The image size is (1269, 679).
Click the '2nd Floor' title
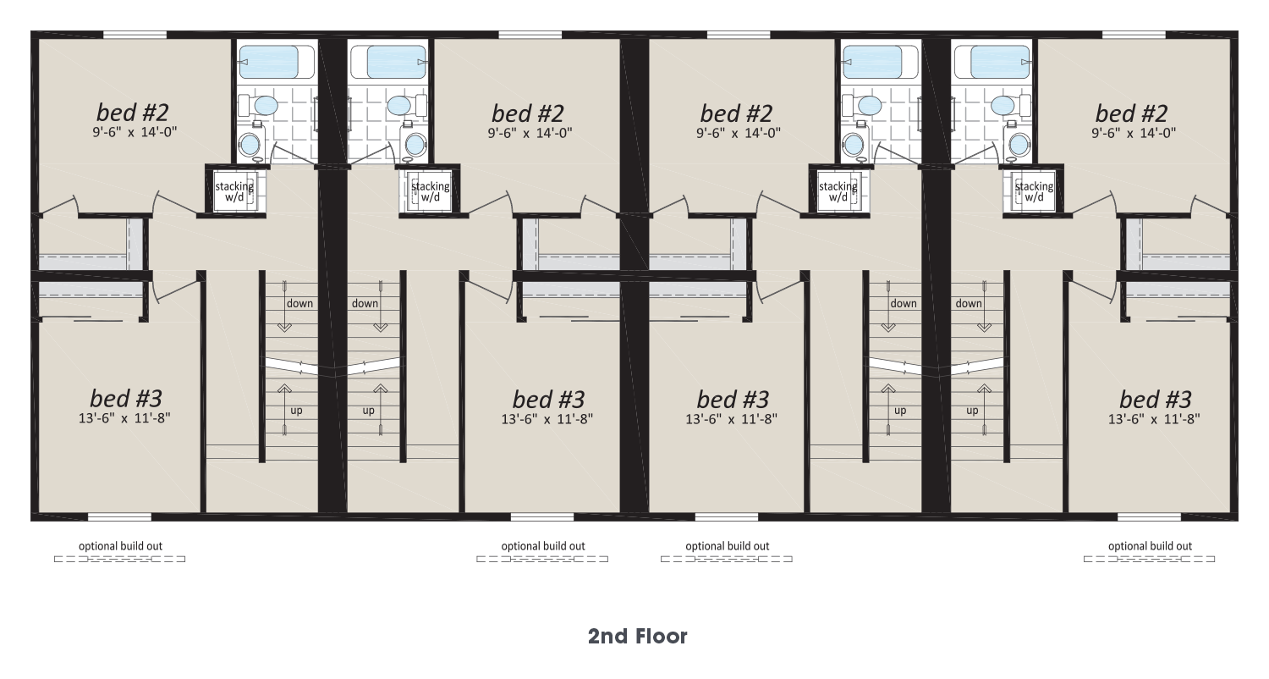pyautogui.click(x=637, y=637)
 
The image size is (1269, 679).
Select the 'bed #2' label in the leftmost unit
pyautogui.click(x=133, y=113)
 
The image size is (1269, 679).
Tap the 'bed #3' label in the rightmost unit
pyautogui.click(x=1155, y=399)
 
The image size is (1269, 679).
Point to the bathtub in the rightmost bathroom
pyautogui.click(x=993, y=62)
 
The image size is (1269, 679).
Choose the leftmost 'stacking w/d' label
pyautogui.click(x=234, y=191)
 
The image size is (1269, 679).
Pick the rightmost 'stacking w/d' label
pyautogui.click(x=1034, y=191)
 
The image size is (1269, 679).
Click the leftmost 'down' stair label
pyautogui.click(x=299, y=303)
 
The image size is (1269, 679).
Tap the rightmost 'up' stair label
pyautogui.click(x=972, y=411)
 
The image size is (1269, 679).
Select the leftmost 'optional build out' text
pyautogui.click(x=121, y=546)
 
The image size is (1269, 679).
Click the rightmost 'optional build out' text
pyautogui.click(x=1150, y=546)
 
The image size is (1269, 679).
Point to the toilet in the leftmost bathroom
pyautogui.click(x=259, y=106)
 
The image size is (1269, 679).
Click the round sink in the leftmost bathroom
pyautogui.click(x=250, y=144)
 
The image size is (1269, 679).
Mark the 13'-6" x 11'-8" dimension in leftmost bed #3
pyautogui.click(x=124, y=418)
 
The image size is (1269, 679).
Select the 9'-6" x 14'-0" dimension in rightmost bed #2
pyautogui.click(x=1134, y=133)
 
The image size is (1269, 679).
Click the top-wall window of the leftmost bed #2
pyautogui.click(x=135, y=36)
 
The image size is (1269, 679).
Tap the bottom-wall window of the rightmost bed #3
pyautogui.click(x=1149, y=517)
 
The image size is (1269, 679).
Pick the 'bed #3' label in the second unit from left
pyautogui.click(x=548, y=399)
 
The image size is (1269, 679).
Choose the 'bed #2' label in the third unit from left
pyautogui.click(x=737, y=113)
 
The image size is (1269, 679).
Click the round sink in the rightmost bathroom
pyautogui.click(x=1019, y=144)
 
